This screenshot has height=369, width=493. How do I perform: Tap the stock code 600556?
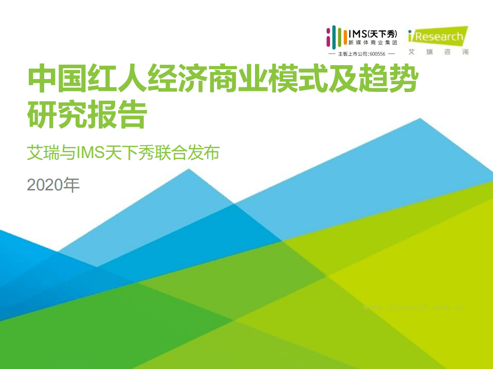pos(377,54)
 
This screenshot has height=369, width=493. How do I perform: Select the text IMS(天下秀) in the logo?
pos(373,33)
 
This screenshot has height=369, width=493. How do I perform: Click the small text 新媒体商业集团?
pos(373,43)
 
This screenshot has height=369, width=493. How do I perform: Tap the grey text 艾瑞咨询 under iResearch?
pos(438,52)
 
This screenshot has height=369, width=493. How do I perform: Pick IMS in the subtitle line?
pos(90,152)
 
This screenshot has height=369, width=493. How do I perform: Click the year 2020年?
pos(53,185)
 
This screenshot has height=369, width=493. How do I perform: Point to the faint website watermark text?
pos(414,307)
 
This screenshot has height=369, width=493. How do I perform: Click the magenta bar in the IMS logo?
pos(328,37)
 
